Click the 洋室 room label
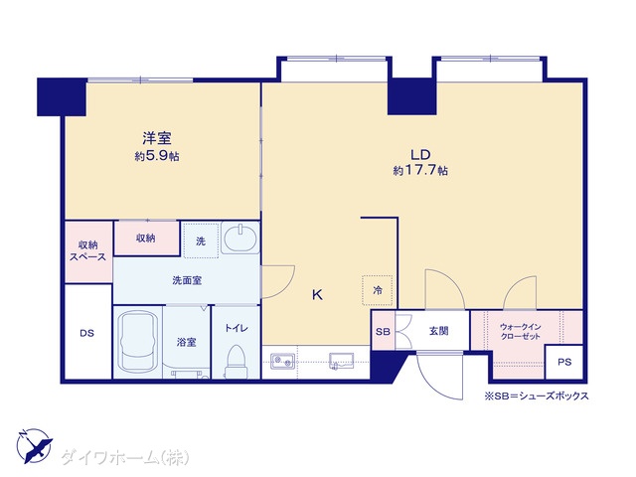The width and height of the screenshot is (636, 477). pyautogui.click(x=157, y=138)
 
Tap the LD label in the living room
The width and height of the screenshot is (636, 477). pyautogui.click(x=420, y=155)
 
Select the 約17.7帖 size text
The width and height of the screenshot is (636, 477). pyautogui.click(x=420, y=170)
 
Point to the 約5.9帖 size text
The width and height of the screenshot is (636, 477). pyautogui.click(x=157, y=156)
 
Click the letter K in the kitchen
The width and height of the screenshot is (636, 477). pyautogui.click(x=317, y=295)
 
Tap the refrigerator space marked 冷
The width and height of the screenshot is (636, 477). pyautogui.click(x=378, y=290)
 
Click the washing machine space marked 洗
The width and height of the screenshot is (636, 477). pyautogui.click(x=201, y=240)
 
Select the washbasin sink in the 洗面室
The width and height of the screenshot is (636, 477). pyautogui.click(x=240, y=238)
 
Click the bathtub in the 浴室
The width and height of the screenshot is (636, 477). pyautogui.click(x=138, y=342)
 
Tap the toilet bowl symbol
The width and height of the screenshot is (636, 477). pyautogui.click(x=236, y=362)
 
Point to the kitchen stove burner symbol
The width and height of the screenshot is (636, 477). pyautogui.click(x=283, y=360)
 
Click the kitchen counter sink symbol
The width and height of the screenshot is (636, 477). pyautogui.click(x=341, y=361)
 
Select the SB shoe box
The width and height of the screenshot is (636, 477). pyautogui.click(x=383, y=331)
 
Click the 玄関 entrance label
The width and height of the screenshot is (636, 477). pyautogui.click(x=438, y=331)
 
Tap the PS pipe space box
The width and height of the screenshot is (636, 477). pyautogui.click(x=563, y=362)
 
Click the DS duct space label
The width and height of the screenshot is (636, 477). pyautogui.click(x=86, y=334)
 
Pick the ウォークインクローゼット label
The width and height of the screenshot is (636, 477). pyautogui.click(x=520, y=331)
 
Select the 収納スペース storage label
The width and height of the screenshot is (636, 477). pyautogui.click(x=87, y=251)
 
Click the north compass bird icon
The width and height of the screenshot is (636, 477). pyautogui.click(x=34, y=446)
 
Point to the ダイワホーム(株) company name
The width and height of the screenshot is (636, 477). pyautogui.click(x=125, y=458)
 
